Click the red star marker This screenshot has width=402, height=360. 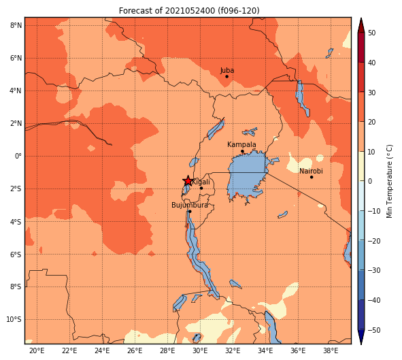pos(188,181)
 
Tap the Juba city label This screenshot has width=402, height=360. pos(227,70)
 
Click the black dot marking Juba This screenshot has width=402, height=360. pos(227,76)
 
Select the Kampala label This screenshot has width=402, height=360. pos(241,145)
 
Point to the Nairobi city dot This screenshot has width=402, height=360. pos(312,177)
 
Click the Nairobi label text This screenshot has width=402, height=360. pos(311,171)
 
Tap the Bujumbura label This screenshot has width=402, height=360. pos(190,205)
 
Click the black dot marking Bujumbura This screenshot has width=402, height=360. pos(190,211)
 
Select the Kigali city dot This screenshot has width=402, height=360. pos(201,189)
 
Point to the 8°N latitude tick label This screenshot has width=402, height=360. pos(16,25)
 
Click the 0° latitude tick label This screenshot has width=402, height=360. pos(18,156)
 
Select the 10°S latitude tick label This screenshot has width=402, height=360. pos(14,319)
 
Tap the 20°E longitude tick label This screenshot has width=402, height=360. pos(37,350)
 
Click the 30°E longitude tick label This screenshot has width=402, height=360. pos(200,350)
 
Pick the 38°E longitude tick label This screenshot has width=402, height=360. pos(331,350)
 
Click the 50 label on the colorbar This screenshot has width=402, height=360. pos(371,33)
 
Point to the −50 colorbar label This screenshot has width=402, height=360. pos(374,330)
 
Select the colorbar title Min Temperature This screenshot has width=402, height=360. pos(390,181)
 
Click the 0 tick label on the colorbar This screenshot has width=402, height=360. pos(370,181)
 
